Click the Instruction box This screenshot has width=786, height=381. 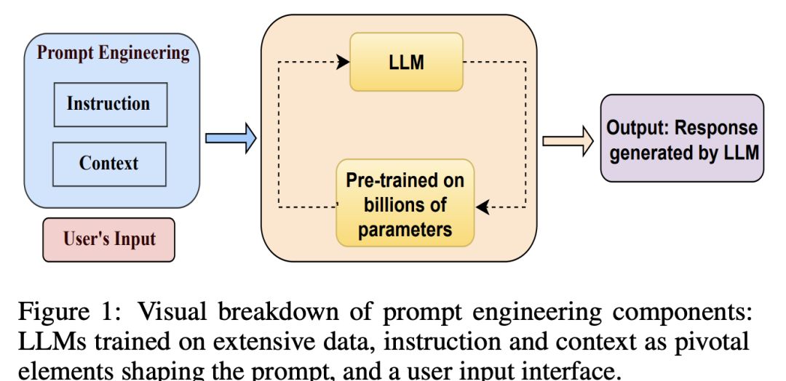[x=110, y=104]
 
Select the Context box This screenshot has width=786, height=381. [x=109, y=163]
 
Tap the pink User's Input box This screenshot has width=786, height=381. [x=109, y=239]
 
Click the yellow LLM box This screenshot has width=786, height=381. [x=406, y=63]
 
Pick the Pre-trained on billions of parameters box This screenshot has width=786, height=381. [x=405, y=204]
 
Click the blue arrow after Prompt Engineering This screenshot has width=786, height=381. [x=230, y=138]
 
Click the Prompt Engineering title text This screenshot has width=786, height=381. [x=113, y=53]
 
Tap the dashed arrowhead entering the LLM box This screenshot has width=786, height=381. [x=344, y=62]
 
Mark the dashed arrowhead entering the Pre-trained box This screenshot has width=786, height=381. [x=481, y=208]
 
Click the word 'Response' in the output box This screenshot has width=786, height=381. [x=717, y=129]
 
